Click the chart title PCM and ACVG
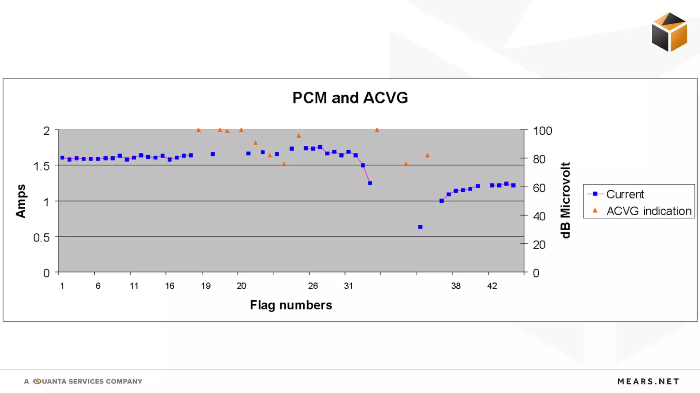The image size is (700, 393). click(350, 98)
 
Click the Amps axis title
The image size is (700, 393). click(21, 201)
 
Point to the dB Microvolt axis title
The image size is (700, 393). click(565, 200)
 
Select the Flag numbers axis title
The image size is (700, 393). click(291, 305)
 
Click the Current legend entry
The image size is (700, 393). click(624, 194)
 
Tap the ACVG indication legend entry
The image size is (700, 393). click(648, 211)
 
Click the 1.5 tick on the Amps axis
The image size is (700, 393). click(41, 166)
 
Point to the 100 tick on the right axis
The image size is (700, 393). click(542, 131)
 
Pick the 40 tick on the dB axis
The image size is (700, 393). click(539, 216)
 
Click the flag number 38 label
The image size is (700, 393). click(456, 286)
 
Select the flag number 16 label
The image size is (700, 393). click(170, 286)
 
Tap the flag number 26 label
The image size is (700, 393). click(313, 286)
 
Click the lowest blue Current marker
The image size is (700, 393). click(420, 227)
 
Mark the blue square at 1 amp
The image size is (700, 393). click(442, 201)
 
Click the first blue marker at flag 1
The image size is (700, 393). click(63, 158)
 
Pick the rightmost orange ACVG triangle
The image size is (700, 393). click(427, 155)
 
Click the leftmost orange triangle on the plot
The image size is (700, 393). click(199, 130)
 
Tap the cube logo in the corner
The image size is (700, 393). click(669, 32)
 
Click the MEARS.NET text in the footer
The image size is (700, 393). click(648, 381)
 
